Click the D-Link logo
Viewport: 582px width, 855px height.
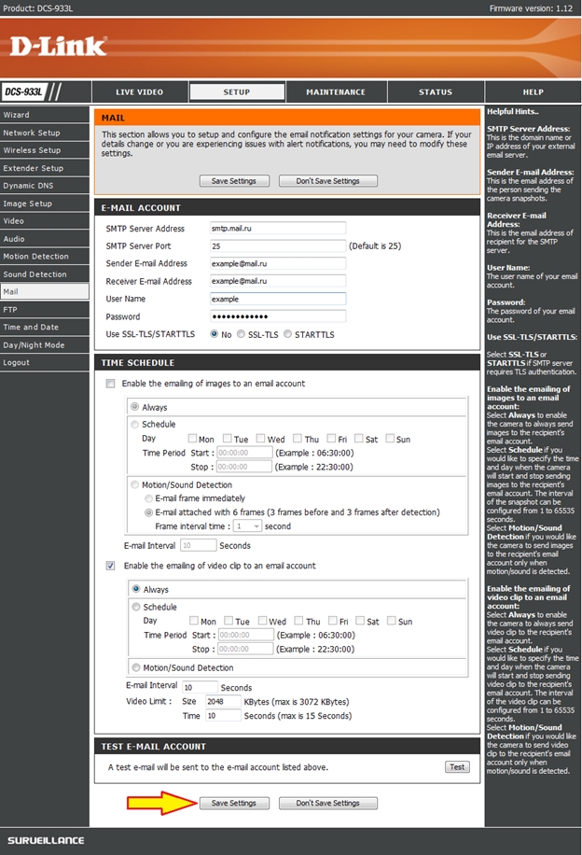tap(58, 45)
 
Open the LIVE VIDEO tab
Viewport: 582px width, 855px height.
tap(139, 92)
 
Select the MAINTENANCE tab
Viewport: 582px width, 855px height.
tap(336, 92)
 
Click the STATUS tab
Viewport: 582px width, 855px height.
tap(435, 92)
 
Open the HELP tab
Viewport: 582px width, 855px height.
tap(533, 92)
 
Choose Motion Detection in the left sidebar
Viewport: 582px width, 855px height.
tap(36, 257)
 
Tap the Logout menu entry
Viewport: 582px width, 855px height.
tap(16, 363)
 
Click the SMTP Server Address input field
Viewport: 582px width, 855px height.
tap(277, 228)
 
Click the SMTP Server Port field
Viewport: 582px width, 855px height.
tap(277, 245)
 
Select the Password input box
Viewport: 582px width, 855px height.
tap(277, 316)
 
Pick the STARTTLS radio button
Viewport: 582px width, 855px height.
tap(288, 334)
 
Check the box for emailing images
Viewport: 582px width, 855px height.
tap(111, 384)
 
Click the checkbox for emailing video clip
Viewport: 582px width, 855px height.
tap(111, 566)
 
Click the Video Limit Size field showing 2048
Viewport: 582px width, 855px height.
tap(222, 700)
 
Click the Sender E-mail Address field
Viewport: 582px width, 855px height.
tap(277, 263)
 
